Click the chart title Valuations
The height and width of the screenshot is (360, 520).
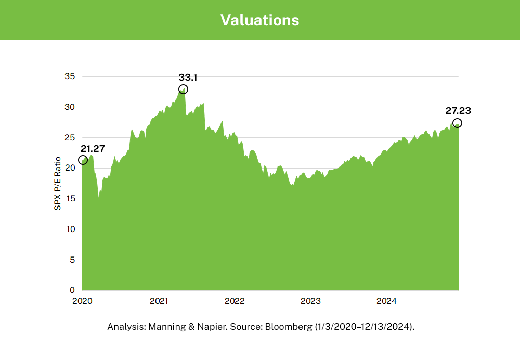pos(259,20)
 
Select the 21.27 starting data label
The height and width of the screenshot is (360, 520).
pos(93,149)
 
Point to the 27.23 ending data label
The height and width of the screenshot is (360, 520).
pos(458,110)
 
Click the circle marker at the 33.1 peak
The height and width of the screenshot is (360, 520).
pos(183,89)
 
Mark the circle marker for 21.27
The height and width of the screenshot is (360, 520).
pos(83,160)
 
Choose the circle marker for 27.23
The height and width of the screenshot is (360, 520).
pos(457,123)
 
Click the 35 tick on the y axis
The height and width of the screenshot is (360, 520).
pos(70,76)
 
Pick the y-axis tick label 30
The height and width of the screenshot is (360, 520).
pos(70,107)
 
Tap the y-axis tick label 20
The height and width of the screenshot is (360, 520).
pos(70,168)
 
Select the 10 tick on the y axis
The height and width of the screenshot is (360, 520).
pos(70,229)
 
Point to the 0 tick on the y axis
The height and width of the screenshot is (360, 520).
pos(72,290)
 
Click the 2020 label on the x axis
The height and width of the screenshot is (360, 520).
pos(82,301)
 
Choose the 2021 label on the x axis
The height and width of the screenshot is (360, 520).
pos(158,301)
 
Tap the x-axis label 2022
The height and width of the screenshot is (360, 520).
pos(235,301)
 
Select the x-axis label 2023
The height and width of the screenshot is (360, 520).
pos(310,301)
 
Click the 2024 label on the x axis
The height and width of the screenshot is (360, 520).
pos(386,301)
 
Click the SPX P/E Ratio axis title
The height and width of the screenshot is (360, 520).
pos(58,183)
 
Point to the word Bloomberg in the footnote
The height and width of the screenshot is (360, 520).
pos(285,327)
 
